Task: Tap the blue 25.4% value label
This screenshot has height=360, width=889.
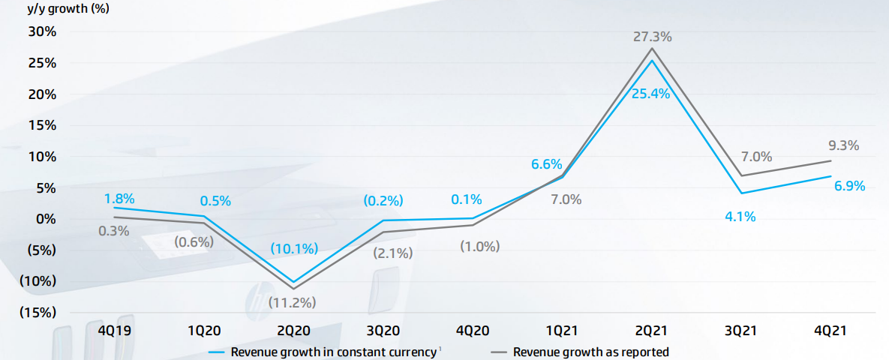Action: (651, 94)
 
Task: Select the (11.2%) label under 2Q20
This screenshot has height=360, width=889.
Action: (292, 303)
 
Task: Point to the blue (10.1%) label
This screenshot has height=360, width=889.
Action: (292, 248)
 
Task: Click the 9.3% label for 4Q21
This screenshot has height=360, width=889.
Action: (844, 145)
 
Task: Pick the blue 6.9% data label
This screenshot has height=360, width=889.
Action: (849, 185)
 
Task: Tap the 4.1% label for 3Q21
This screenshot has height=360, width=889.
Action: (740, 217)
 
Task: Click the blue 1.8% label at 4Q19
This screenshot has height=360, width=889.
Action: (119, 199)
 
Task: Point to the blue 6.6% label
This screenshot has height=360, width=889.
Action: (547, 164)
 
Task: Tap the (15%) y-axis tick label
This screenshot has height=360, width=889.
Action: (37, 313)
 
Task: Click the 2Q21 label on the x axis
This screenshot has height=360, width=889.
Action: (651, 330)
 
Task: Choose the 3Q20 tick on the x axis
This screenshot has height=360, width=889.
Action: (382, 330)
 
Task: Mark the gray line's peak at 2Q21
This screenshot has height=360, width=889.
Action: (651, 49)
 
